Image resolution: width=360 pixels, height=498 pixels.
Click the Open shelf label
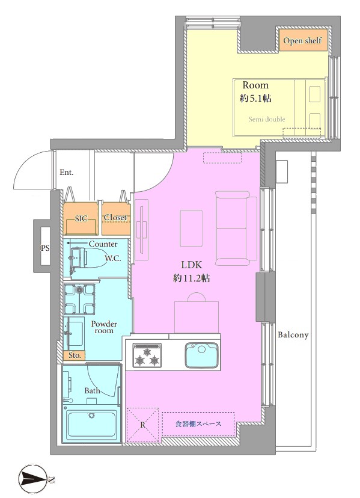coord(302,41)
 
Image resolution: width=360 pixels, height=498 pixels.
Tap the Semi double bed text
coord(267,120)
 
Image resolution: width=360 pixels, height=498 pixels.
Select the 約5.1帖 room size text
coord(255,99)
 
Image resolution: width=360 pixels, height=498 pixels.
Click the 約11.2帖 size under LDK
coord(192,278)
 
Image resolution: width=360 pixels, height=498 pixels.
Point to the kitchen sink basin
coord(201,355)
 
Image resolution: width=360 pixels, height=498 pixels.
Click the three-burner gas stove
coord(147,355)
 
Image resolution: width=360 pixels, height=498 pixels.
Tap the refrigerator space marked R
coord(142,425)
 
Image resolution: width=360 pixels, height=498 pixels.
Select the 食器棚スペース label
coord(198,424)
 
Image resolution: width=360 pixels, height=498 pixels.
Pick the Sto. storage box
coord(75,355)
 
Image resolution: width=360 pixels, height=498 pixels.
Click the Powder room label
coord(104,327)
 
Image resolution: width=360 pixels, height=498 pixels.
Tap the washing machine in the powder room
coord(79,300)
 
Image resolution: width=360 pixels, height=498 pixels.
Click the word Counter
coord(103,244)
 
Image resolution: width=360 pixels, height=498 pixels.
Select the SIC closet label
coord(81,218)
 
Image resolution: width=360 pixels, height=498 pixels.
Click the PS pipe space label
coord(46,248)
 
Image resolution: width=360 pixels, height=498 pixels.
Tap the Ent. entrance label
coord(67,173)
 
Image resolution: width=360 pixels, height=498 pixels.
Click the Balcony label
coord(293,335)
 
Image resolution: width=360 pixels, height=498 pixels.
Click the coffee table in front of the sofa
coord(192,229)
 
